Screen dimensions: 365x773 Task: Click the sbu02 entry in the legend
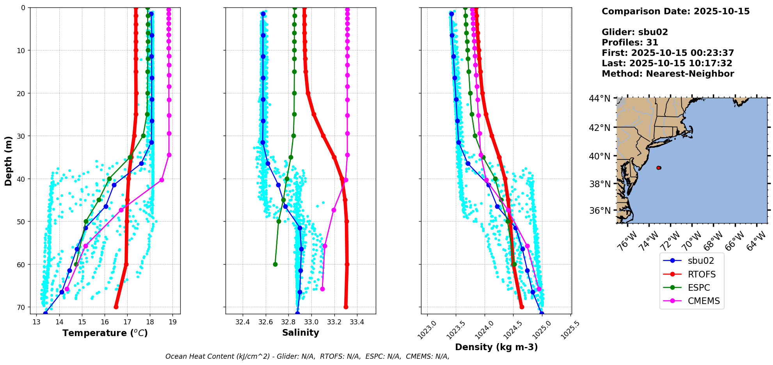[701, 261]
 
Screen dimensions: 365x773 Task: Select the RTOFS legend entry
[702, 274]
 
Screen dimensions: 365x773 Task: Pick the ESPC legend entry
[698, 288]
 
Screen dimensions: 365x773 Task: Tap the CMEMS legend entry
[704, 301]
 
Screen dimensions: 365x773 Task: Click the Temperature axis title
[105, 333]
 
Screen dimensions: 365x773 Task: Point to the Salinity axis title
[300, 333]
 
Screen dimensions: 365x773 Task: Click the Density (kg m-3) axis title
[496, 347]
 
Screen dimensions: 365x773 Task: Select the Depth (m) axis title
[8, 161]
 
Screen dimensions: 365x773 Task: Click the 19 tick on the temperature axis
[173, 322]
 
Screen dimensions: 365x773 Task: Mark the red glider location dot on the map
[659, 168]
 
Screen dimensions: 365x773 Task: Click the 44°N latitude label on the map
[599, 98]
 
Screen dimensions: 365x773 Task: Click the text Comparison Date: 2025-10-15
[675, 11]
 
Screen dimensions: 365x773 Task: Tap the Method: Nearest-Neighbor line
[668, 74]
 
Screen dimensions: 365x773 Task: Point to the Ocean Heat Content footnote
[307, 356]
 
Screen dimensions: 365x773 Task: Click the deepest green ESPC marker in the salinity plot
[275, 265]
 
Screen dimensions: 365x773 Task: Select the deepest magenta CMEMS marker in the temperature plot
[67, 289]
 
